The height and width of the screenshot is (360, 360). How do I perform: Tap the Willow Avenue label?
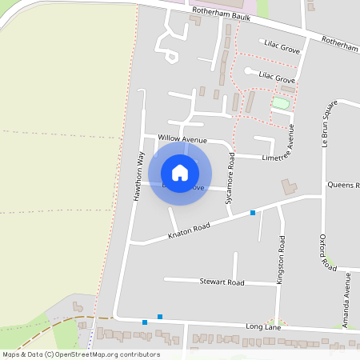point(182,139)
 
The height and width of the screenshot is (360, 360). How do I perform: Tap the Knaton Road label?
point(189,232)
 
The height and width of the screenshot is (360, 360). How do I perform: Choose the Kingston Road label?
point(281,256)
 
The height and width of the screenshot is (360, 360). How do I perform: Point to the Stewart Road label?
point(222,282)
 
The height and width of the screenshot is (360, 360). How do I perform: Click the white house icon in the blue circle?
point(180,173)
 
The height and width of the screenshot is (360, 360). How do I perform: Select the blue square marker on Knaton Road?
point(253,212)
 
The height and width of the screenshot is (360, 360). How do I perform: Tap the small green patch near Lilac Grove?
point(280,103)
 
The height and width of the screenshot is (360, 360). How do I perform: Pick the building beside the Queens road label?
point(286,187)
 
